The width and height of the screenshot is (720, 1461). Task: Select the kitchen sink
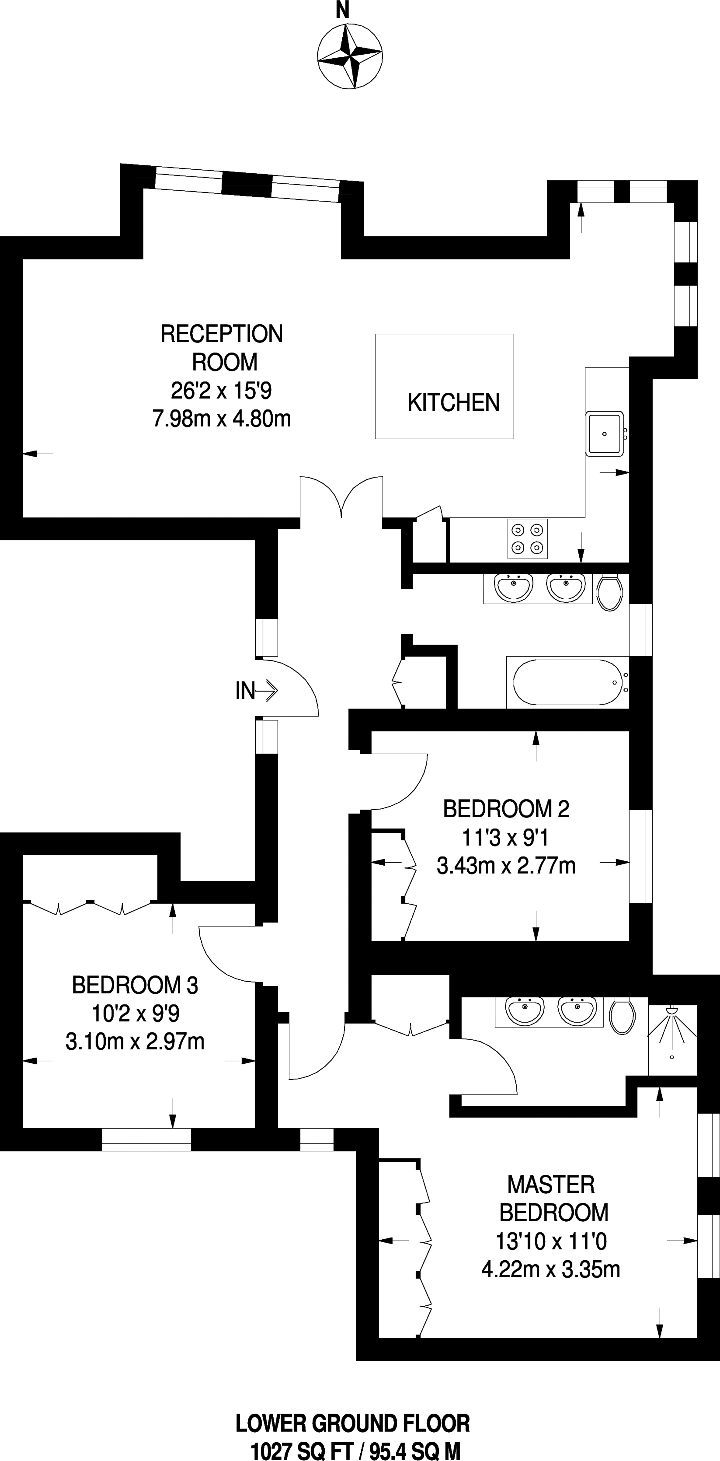pyautogui.click(x=605, y=434)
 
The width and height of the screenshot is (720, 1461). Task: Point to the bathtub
pyautogui.click(x=567, y=682)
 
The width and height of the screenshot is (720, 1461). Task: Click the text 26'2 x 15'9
pyautogui.click(x=221, y=391)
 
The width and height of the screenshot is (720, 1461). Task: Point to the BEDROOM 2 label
pyautogui.click(x=506, y=809)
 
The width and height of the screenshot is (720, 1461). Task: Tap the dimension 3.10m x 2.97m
pyautogui.click(x=135, y=1042)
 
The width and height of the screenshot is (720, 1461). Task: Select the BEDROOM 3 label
pyautogui.click(x=135, y=985)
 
